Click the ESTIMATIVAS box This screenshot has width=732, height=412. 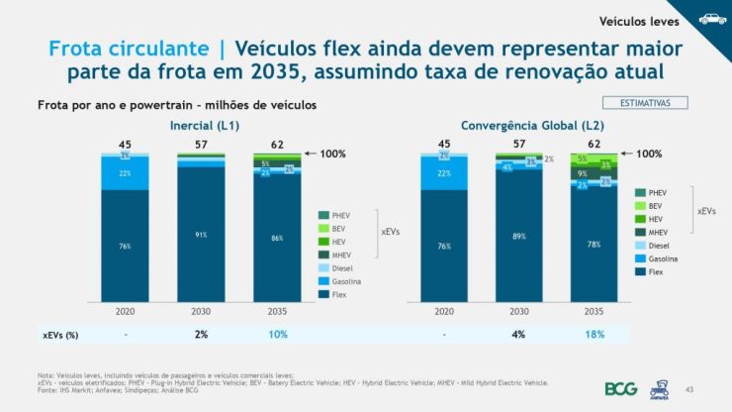[644, 102]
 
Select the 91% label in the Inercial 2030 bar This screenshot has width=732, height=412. [201, 235]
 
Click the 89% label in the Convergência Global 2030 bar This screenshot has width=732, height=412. [519, 237]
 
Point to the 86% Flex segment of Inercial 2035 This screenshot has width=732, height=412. [277, 239]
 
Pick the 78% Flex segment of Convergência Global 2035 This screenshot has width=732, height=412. [595, 244]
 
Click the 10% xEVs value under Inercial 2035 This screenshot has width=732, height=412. [277, 334]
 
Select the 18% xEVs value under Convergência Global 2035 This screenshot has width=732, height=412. [595, 334]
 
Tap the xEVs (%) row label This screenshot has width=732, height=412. [58, 335]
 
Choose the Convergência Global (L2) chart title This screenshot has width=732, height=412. [521, 126]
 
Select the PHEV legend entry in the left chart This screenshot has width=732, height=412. [340, 214]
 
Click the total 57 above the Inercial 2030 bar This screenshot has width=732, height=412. [201, 145]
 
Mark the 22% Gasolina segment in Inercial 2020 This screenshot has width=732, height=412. [125, 173]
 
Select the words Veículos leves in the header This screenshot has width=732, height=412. [632, 19]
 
